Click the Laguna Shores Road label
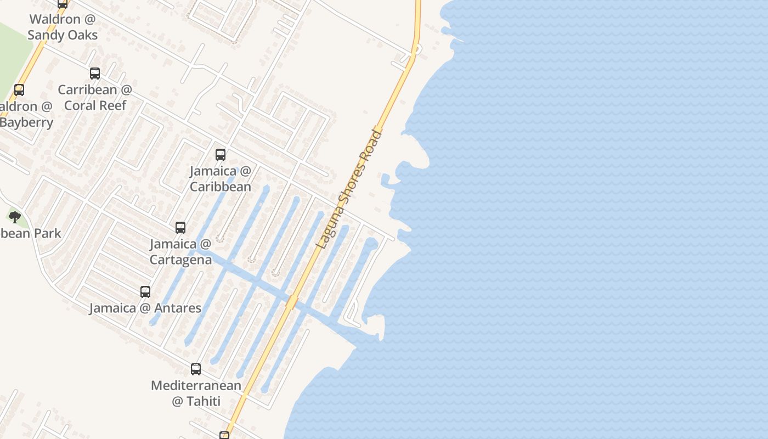coord(349,188)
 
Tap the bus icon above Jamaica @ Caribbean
coord(221,155)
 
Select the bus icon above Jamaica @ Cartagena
coord(180,227)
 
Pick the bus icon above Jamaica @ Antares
coord(145,292)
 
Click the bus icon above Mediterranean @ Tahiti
coord(196,369)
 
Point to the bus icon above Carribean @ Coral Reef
coord(95,73)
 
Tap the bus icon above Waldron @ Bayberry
coord(19,89)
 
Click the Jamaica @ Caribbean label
coord(221,179)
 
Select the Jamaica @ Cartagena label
coord(180,251)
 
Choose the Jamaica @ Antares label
coord(145,308)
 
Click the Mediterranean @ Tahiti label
coord(196,393)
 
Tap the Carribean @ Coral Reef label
coord(95,97)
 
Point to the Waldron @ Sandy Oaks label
coord(63,27)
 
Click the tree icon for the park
coord(15,217)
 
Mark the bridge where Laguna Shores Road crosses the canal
coord(292,302)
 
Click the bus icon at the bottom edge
coord(224,436)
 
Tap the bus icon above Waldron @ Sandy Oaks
coord(63,3)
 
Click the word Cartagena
coord(180,260)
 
